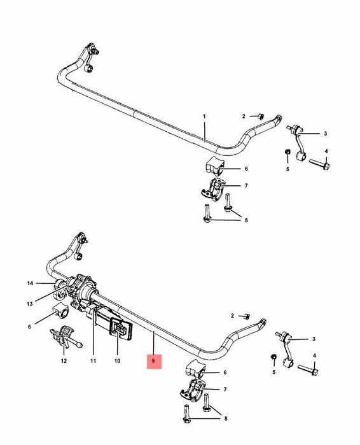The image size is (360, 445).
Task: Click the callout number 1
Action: [x=204, y=117]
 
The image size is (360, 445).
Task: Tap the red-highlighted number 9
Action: [x=153, y=361]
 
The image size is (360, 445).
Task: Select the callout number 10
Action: [x=117, y=361]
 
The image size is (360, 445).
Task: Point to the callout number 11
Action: [x=93, y=361]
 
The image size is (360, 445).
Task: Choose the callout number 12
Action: [x=64, y=361]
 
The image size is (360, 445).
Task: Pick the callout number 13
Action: [x=30, y=304]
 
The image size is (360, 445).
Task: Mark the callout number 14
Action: [x=30, y=283]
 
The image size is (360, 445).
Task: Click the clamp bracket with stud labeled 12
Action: [x=66, y=337]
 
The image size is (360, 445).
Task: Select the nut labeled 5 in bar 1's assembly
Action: [x=287, y=152]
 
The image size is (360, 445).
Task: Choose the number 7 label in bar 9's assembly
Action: [x=225, y=390]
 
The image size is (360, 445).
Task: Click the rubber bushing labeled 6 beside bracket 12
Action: [x=60, y=311]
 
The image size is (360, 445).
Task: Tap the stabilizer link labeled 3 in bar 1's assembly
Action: [x=297, y=143]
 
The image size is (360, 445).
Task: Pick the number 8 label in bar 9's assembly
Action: [x=226, y=418]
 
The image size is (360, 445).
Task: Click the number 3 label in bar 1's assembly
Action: [x=326, y=134]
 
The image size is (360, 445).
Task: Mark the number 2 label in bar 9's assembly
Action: [x=232, y=316]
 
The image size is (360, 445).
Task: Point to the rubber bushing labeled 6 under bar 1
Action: [x=214, y=166]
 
